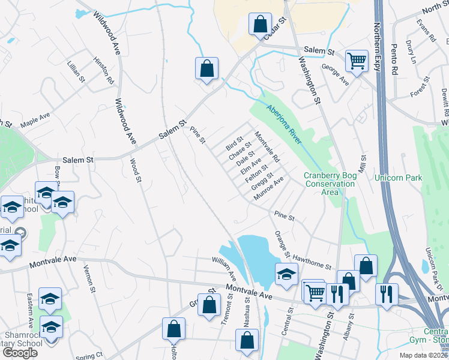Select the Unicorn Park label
coord(398,178)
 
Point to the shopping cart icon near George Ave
coord(357,60)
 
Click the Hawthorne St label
coord(312,262)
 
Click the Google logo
coord(20,352)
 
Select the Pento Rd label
coord(394,55)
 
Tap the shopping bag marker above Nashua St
coord(247,340)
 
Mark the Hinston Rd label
coord(103,70)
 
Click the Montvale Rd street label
coord(267,148)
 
